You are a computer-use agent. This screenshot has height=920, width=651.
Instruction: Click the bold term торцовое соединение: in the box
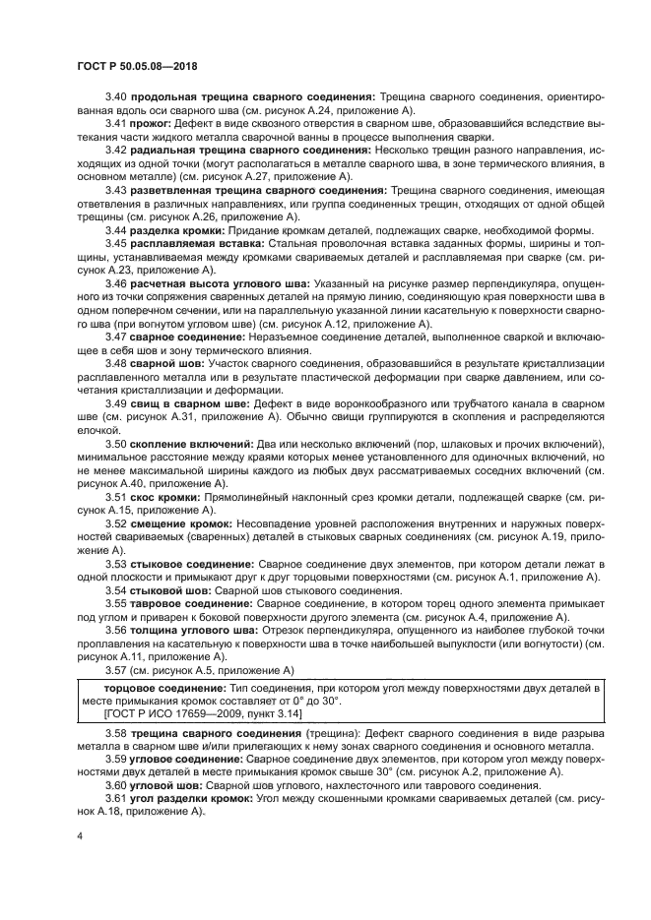coord(166,688)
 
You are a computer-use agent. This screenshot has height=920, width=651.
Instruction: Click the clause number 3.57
coord(117,669)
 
